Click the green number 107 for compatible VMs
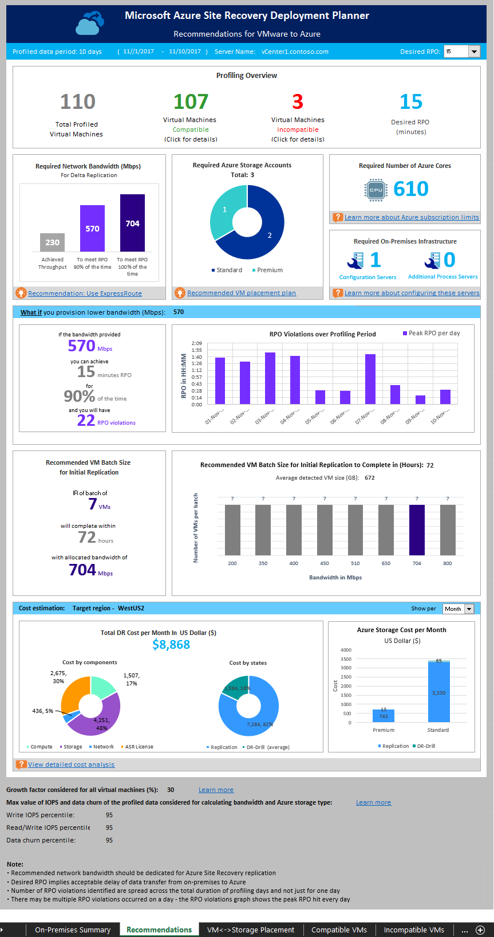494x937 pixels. pos(191,102)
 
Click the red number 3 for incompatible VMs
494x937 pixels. pos(298,102)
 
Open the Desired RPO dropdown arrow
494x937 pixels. pos(474,52)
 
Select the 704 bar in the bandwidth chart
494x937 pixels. pos(132,223)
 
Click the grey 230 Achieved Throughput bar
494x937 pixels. pos(52,242)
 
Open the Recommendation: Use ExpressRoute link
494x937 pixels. pos(85,293)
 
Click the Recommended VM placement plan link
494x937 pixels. pos(241,293)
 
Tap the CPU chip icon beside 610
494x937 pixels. pos(376,190)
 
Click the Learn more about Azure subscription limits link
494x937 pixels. pos(411,217)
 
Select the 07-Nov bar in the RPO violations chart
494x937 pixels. pos(370,379)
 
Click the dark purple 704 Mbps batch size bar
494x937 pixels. pos(417,530)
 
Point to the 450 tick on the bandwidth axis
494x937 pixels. pos(325,563)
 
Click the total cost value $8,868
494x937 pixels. pos(171,645)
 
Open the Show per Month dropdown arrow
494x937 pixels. pos(469,609)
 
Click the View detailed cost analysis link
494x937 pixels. pos(71,765)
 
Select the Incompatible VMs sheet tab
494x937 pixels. pos(414,930)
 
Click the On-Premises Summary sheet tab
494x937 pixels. pos(73,930)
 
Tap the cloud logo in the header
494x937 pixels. pos(90,23)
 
